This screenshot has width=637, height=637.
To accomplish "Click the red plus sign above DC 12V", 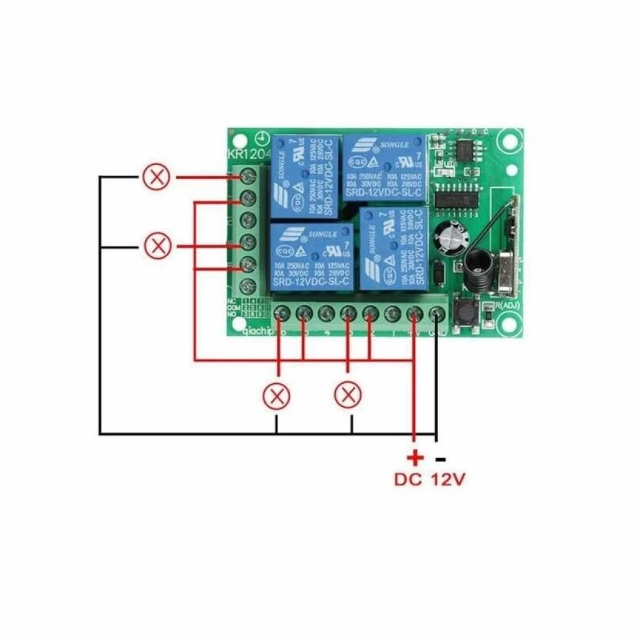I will (414, 458).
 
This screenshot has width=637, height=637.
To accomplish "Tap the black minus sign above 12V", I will (440, 460).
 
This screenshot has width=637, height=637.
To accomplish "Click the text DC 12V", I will (429, 480).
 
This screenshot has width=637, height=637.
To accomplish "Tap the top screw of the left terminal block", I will (248, 175).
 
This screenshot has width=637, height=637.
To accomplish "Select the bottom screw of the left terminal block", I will (248, 287).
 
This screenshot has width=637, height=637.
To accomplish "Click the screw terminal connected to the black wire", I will (437, 314).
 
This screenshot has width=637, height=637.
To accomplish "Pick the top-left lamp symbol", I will (156, 177).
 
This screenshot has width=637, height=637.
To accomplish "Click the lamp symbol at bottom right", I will (348, 395).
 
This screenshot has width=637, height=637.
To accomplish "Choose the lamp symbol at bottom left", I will (276, 396).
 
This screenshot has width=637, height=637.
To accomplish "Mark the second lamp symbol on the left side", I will (157, 246).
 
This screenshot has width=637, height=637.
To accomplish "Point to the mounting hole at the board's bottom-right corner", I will (509, 323).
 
